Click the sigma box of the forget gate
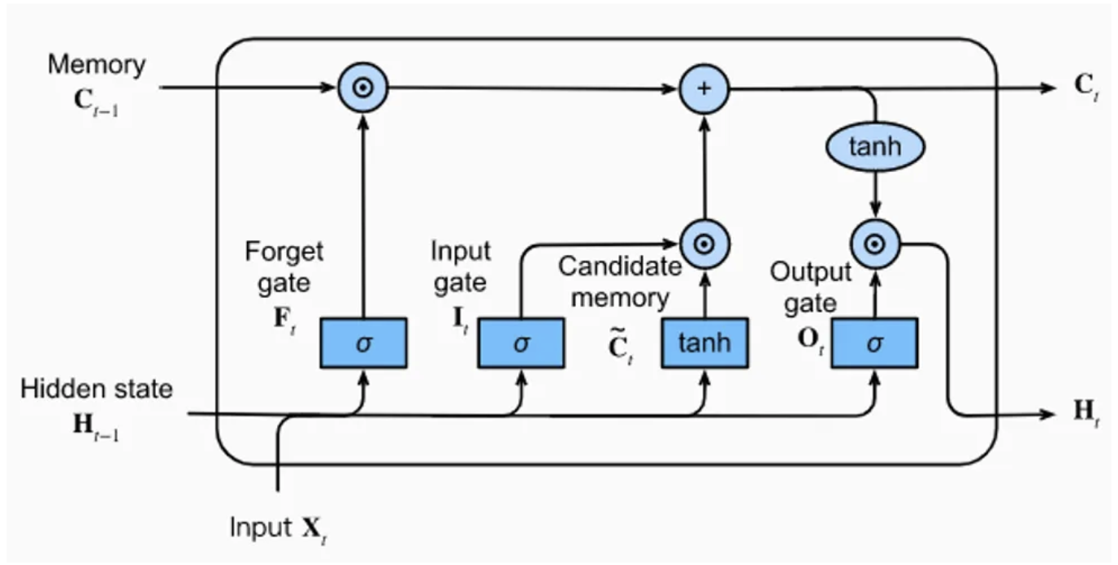pos(363,343)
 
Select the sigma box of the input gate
pos(521,343)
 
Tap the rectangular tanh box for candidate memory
pos(704,343)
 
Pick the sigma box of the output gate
pos(874,343)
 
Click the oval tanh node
pos(874,148)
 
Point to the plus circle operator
pos(704,88)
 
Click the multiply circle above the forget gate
pos(363,88)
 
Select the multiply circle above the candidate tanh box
pos(704,243)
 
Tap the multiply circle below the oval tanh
pos(874,243)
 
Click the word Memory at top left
pos(96,65)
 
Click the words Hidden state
pos(97,389)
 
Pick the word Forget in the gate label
pos(284,252)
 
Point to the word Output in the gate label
pos(810,272)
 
